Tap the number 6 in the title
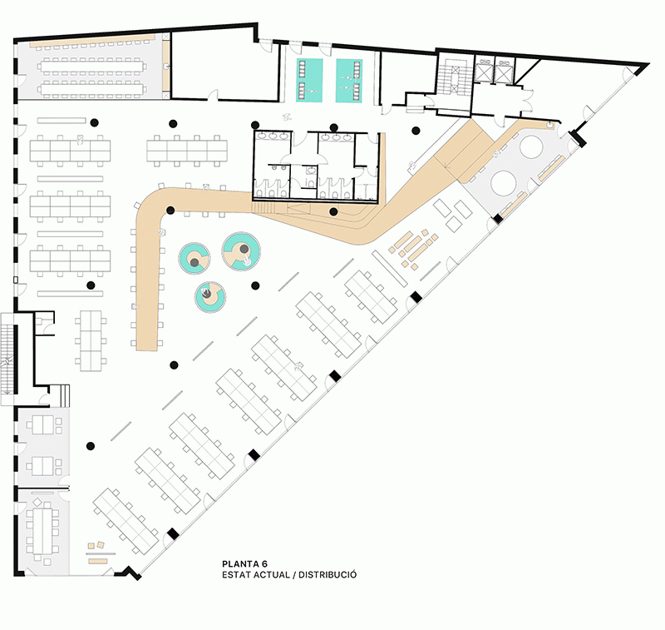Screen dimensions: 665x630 tap(264, 564)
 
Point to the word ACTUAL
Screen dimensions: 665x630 tap(272, 575)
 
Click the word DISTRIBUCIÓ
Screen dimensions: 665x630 tap(328, 575)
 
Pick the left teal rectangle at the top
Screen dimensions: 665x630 tap(309, 81)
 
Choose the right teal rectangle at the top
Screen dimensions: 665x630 tap(349, 81)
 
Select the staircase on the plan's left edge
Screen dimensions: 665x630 tap(7, 359)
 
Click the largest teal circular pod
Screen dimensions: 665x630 tap(241, 252)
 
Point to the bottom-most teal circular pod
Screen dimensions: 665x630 tap(210, 297)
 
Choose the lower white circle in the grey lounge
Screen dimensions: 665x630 tap(505, 182)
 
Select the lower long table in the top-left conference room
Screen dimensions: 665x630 tap(92, 90)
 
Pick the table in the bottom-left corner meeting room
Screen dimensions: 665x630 tap(42, 529)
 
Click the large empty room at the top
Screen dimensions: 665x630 tap(225, 66)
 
